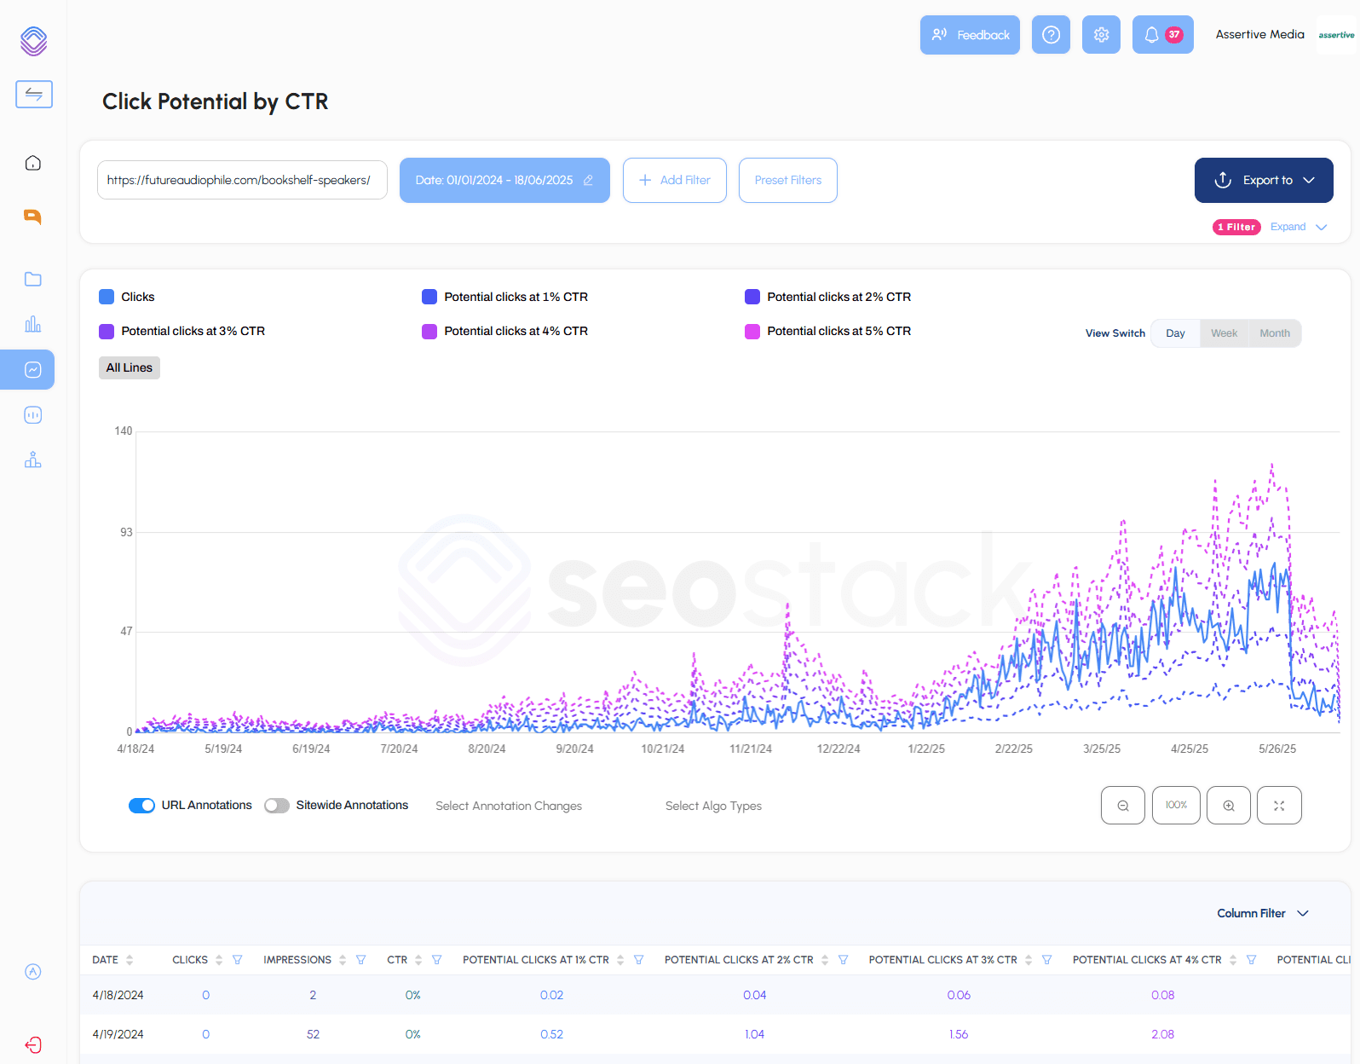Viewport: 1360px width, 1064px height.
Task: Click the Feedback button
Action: pos(970,35)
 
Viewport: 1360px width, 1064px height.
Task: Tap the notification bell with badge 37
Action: pos(1162,35)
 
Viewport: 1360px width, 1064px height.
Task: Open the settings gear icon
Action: pos(1101,35)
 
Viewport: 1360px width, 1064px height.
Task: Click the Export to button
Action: pos(1263,180)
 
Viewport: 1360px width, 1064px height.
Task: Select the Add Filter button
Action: pos(674,180)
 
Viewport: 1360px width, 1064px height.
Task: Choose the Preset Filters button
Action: pos(787,180)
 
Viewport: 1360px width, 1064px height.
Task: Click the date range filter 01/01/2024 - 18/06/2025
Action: pos(504,180)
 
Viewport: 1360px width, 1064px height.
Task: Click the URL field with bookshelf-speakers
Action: pos(242,180)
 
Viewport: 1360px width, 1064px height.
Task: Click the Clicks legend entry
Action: pos(137,297)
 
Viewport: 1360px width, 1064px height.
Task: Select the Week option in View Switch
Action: pos(1224,333)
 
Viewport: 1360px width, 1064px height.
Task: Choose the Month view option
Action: pos(1275,333)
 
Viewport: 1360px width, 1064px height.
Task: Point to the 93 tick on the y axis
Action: pos(126,532)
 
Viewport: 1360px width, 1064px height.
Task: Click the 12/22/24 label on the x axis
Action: pos(838,749)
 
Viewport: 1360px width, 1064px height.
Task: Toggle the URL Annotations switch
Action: pos(141,806)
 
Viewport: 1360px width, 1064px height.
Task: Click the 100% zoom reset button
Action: pos(1176,805)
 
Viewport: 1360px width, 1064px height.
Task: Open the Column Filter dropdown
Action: pos(1262,913)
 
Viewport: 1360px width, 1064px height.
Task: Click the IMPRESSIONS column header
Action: pos(297,960)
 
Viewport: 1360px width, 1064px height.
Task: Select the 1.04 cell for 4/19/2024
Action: pos(754,1034)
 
